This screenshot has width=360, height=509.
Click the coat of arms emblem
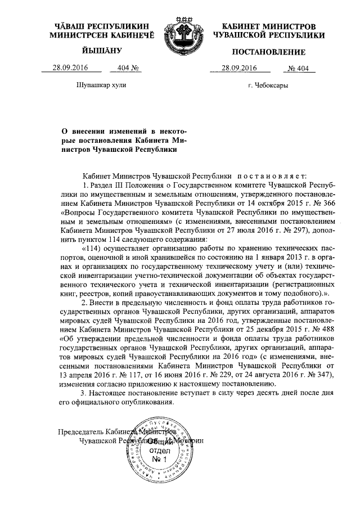(x=181, y=34)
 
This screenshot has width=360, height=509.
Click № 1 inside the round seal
(x=161, y=460)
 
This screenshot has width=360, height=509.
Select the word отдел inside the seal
(x=161, y=451)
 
